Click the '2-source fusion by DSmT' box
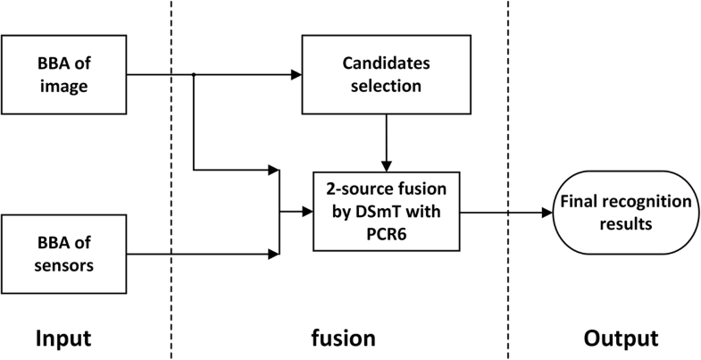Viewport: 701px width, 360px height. tap(385, 213)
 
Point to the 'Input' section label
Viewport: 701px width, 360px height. tap(63, 339)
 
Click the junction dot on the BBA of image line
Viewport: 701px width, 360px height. tap(194, 76)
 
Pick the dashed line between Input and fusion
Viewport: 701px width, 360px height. tap(171, 179)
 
